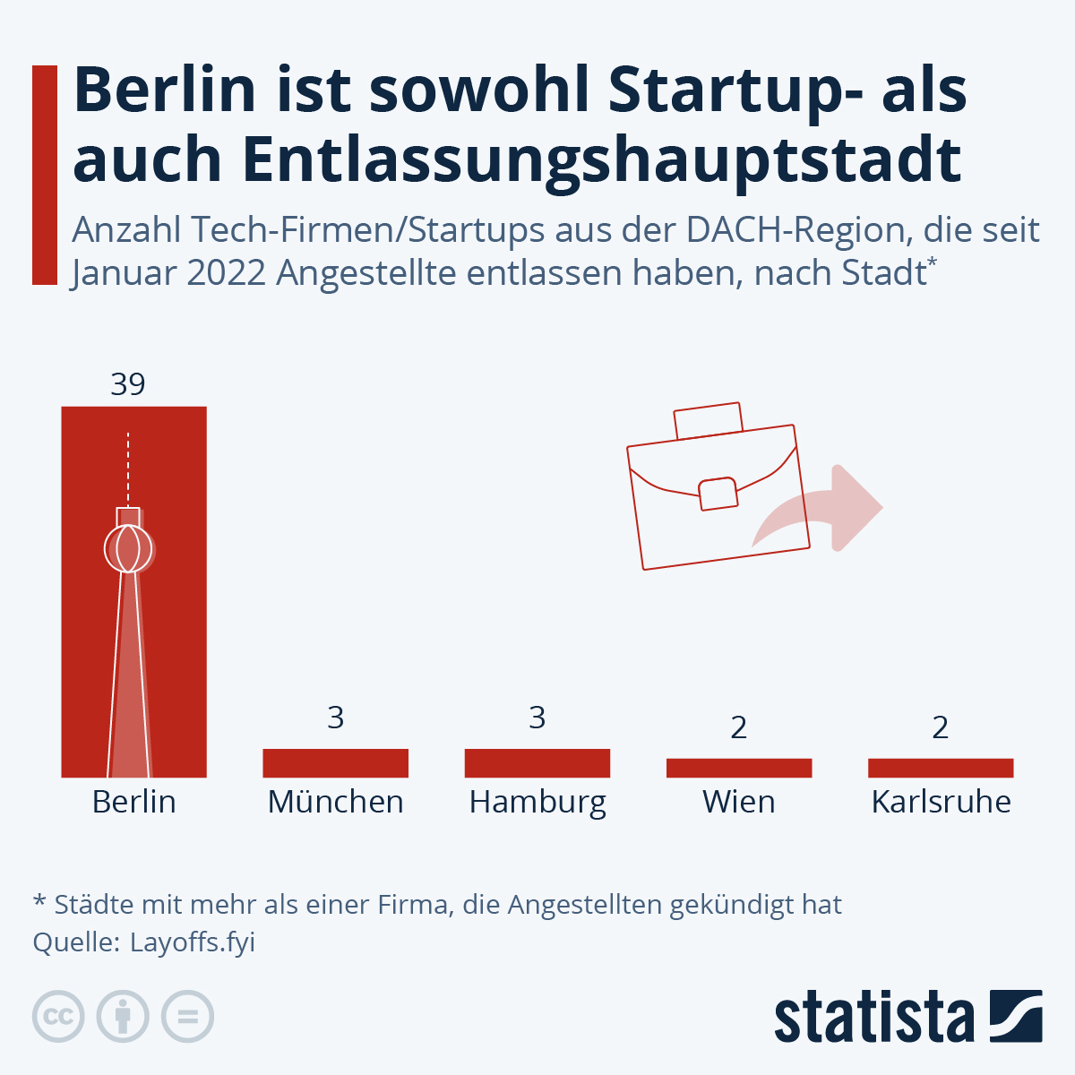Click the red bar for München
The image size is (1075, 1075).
(335, 762)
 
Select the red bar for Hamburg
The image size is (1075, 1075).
(537, 762)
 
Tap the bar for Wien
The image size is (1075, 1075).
(739, 768)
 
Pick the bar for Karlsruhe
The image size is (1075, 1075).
(941, 768)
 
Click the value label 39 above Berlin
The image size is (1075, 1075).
(128, 384)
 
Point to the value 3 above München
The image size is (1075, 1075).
(335, 718)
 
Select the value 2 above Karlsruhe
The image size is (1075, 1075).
(940, 727)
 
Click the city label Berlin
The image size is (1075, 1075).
(133, 802)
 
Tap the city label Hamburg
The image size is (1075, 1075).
(537, 803)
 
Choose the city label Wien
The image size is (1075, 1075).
(739, 802)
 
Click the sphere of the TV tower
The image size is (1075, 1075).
(128, 547)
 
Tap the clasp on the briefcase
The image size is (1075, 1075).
(718, 494)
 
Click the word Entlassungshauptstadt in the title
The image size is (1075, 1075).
(517, 160)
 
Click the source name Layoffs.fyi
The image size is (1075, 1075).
(193, 942)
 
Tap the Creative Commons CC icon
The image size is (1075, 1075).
(58, 1017)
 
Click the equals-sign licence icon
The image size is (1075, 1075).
(187, 1017)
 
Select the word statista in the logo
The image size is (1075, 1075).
(873, 1018)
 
